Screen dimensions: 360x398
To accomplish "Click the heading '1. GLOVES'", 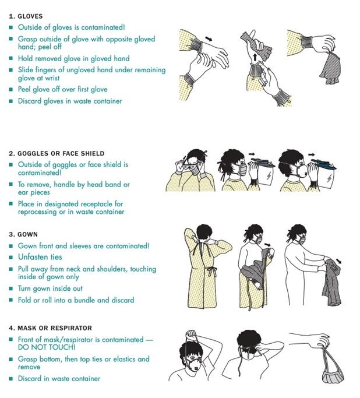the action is (x=26, y=16).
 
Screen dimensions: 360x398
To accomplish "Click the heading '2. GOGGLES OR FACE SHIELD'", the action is (x=57, y=154).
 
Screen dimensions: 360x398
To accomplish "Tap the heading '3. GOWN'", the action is (x=23, y=234).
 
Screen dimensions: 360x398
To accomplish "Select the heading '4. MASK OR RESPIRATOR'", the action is (x=50, y=328).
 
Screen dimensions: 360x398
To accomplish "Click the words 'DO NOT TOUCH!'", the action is (x=47, y=347).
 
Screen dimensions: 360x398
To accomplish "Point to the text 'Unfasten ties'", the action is (x=40, y=257).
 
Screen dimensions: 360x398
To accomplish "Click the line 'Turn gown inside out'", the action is (x=50, y=288).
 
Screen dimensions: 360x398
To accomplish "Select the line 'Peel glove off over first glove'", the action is (x=63, y=89).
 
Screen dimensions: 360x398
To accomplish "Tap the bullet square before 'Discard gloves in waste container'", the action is (x=11, y=101).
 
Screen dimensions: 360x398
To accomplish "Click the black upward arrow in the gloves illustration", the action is (x=255, y=56).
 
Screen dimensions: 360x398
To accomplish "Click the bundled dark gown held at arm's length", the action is (x=331, y=282).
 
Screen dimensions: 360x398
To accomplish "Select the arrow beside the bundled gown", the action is (x=338, y=261).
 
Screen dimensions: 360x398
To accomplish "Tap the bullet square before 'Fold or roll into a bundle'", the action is (x=11, y=300).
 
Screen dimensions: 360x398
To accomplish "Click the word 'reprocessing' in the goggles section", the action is (x=37, y=212).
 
